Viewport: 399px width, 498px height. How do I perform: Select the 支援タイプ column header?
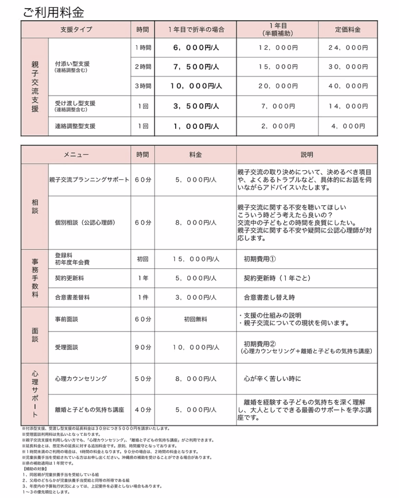[x=76, y=30]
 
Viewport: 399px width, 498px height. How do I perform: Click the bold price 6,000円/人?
[x=196, y=48]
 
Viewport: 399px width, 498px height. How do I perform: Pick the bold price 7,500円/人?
[x=196, y=67]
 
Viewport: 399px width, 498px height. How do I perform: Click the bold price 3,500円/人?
[x=196, y=106]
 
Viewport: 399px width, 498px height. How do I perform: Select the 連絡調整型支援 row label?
[x=75, y=126]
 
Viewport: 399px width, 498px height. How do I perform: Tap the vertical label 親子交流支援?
[x=35, y=87]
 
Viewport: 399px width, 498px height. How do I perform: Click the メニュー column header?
[x=76, y=155]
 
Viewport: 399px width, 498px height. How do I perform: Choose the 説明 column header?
[x=307, y=155]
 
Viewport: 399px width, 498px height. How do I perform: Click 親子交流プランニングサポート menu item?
[x=90, y=179]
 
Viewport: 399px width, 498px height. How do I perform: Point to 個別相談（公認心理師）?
[x=85, y=222]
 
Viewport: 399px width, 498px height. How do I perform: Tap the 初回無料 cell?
[x=196, y=320]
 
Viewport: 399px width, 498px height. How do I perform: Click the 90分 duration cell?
[x=143, y=347]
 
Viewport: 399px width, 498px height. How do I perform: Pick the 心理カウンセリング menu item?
[x=81, y=378]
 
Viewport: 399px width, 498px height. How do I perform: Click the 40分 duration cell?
[x=143, y=409]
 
